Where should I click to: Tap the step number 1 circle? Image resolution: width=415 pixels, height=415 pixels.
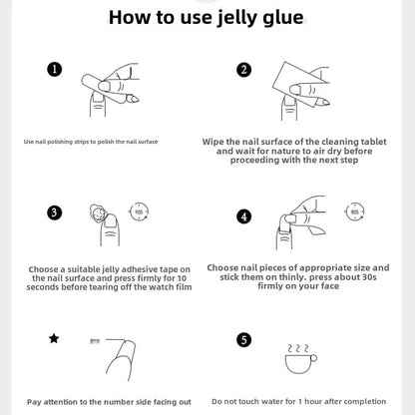(x=55, y=70)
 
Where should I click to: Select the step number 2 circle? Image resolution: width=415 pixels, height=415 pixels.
(x=243, y=70)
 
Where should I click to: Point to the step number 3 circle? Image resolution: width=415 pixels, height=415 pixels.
(x=55, y=212)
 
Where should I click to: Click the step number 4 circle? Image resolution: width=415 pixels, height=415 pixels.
(x=243, y=216)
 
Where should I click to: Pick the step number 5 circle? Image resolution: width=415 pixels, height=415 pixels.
(x=243, y=340)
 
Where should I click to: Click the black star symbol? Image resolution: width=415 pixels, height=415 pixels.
(x=54, y=339)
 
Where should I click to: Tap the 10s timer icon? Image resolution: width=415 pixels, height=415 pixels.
(x=139, y=211)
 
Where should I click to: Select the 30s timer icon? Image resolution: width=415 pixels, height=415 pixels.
(x=355, y=211)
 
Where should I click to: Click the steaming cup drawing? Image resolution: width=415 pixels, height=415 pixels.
(x=300, y=359)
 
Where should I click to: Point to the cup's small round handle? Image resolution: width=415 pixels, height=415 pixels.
(x=313, y=358)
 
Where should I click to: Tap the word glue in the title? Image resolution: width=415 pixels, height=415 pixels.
(x=283, y=18)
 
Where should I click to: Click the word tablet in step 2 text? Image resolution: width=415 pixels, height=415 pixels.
(x=373, y=142)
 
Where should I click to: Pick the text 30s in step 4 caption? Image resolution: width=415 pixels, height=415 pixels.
(x=369, y=277)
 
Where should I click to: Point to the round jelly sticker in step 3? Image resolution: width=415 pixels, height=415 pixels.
(x=97, y=212)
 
